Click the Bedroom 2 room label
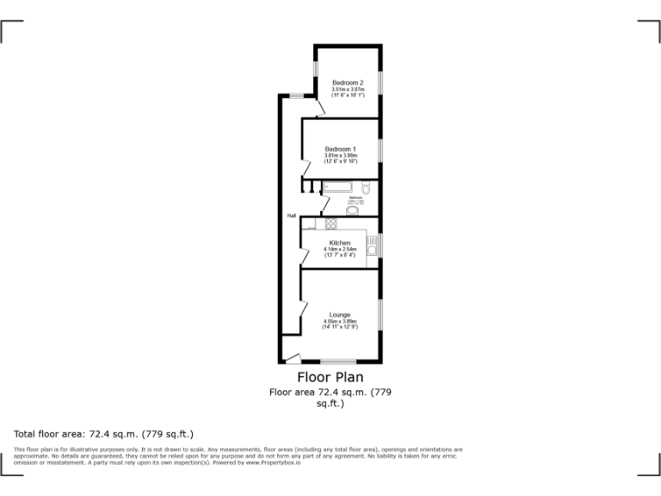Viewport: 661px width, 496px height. point(348,83)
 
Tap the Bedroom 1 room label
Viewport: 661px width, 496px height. point(340,149)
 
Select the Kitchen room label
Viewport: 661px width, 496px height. point(339,244)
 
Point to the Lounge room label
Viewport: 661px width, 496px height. point(339,315)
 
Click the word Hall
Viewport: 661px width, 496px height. point(292,215)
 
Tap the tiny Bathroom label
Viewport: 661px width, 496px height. point(354,197)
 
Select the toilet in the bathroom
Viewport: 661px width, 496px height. point(367,188)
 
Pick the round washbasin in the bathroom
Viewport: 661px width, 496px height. point(352,210)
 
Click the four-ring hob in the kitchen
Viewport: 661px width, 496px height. point(331,224)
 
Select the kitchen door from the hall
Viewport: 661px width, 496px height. point(306,257)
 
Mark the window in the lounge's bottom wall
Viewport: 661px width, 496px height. point(338,360)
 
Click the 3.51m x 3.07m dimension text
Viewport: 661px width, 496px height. point(348,90)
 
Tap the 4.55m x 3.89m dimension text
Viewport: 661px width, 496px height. point(339,322)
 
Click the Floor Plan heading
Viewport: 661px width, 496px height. point(330,377)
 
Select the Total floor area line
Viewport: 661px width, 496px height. point(104,434)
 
